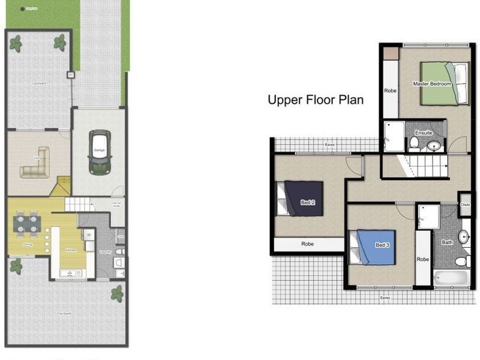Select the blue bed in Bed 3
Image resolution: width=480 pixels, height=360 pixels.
coord(374,246)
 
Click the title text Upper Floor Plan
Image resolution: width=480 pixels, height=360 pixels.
coord(315,100)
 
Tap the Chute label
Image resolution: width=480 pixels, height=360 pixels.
coord(464,204)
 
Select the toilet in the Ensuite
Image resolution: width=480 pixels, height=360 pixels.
coord(414,143)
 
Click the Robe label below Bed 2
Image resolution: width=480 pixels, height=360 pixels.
coord(307,245)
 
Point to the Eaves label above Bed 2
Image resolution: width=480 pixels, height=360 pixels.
coord(329,145)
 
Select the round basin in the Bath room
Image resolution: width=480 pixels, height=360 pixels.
coord(464,237)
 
